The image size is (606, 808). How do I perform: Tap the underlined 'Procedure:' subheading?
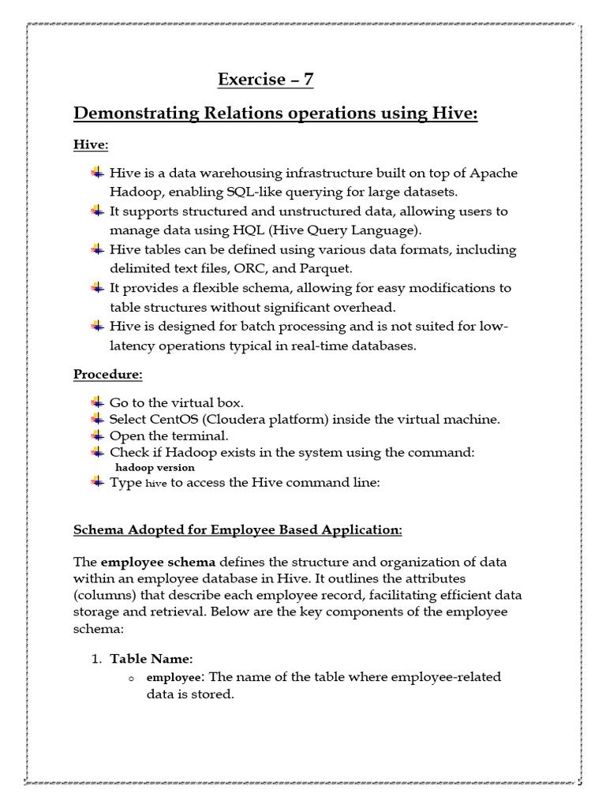pos(108,373)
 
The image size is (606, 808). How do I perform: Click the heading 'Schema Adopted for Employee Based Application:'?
pos(238,529)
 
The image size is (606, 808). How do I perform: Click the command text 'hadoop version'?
pos(155,467)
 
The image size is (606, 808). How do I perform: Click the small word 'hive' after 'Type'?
pos(157,484)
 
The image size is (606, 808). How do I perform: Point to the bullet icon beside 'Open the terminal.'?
pos(97,436)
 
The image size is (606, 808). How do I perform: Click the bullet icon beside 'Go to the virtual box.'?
pos(97,402)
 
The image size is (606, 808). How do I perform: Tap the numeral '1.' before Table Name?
pos(98,658)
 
